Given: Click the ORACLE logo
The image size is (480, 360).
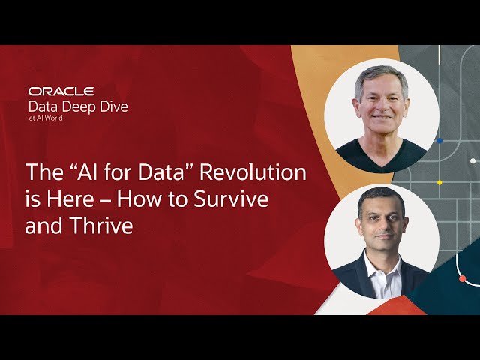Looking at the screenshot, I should coord(61,91).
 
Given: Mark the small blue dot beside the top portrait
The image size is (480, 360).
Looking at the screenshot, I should coord(439,140).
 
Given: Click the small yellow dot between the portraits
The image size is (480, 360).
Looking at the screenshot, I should coord(440,182).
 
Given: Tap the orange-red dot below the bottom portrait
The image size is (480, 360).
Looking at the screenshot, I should coord(462,279).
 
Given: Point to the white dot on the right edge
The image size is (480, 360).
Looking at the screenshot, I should coord(472,160).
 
